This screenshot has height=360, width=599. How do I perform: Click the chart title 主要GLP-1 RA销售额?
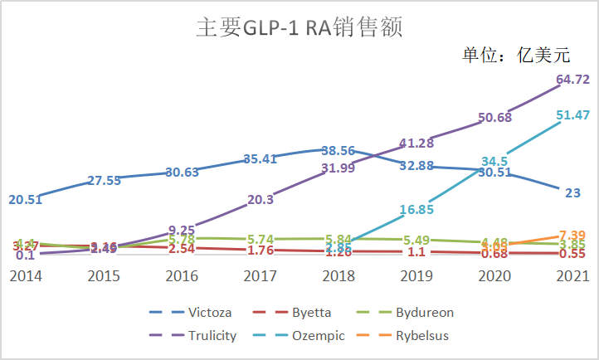click(299, 27)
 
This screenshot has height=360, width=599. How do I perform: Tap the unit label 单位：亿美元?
click(517, 56)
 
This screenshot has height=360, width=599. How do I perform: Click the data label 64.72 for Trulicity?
click(572, 80)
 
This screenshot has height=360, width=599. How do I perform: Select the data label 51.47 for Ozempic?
click(572, 115)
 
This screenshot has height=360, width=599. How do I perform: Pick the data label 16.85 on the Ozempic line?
click(416, 210)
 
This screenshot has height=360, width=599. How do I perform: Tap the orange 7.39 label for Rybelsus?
click(572, 236)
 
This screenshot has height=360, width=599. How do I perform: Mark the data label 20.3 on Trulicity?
click(260, 199)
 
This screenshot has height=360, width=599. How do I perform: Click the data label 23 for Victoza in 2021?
click(572, 193)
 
